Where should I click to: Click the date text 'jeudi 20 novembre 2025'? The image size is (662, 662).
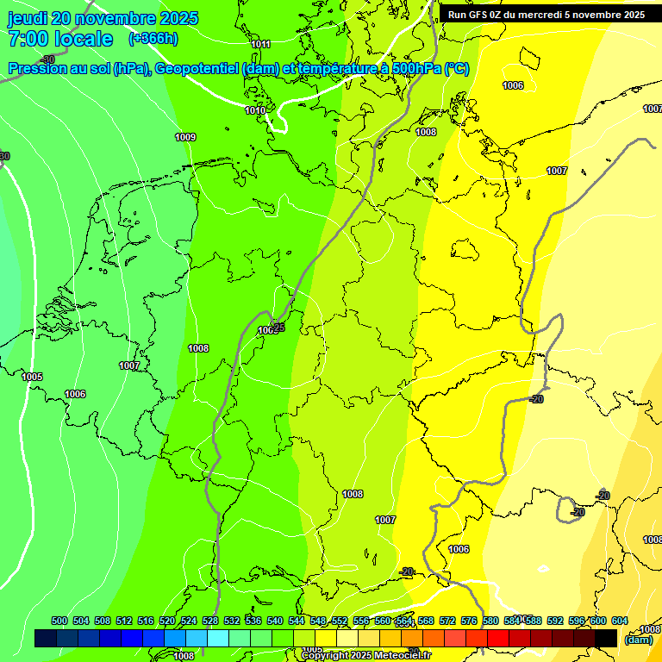click(x=103, y=18)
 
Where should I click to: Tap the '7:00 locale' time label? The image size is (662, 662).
click(x=59, y=39)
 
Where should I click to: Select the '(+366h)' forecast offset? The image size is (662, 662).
click(x=153, y=39)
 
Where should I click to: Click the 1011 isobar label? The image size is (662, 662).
click(x=260, y=44)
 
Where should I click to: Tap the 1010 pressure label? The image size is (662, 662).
click(x=254, y=110)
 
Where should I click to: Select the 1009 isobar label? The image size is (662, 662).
click(x=184, y=137)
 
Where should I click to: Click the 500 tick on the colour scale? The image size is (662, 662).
click(x=59, y=621)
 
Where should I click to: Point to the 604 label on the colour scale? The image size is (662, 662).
click(x=619, y=621)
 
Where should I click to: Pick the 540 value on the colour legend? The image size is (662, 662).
click(x=275, y=621)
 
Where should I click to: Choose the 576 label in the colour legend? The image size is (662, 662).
click(x=469, y=621)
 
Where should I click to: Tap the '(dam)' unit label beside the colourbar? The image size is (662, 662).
click(x=639, y=640)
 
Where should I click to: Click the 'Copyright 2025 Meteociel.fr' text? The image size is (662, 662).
click(x=365, y=655)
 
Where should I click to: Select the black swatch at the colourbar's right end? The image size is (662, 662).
click(x=606, y=638)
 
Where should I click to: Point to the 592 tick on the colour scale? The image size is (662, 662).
click(x=555, y=621)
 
